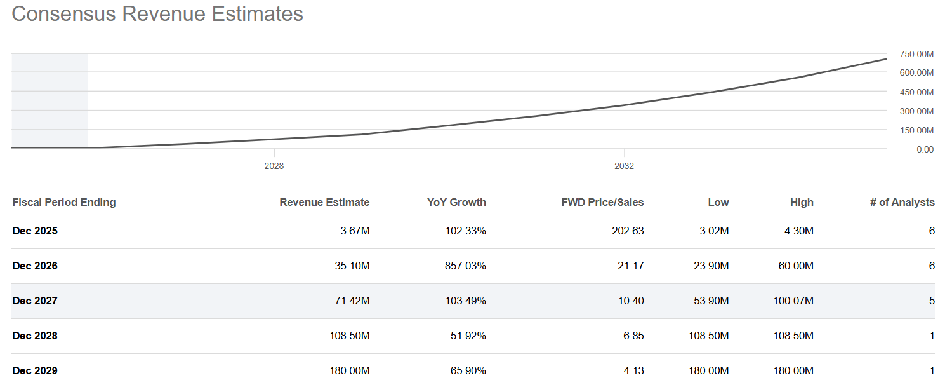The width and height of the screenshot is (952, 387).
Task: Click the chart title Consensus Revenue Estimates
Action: point(157,14)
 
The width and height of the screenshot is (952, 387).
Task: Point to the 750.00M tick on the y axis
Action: point(916,54)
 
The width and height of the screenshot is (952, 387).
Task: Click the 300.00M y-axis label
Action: point(916,111)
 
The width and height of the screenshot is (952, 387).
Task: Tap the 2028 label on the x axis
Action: point(274,166)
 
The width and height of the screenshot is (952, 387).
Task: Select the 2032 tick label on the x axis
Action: point(624,166)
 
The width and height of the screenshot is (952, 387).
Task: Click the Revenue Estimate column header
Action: point(324,202)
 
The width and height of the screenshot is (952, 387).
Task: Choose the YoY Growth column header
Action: point(456,202)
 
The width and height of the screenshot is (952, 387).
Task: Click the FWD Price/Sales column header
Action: point(602,202)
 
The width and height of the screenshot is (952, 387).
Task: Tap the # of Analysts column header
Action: point(902,202)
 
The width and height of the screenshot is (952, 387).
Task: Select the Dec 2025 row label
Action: point(35,231)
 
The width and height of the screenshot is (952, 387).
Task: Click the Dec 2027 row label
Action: point(35,301)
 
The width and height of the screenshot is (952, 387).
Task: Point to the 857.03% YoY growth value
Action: point(465,266)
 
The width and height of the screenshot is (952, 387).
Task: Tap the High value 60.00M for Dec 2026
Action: point(795,266)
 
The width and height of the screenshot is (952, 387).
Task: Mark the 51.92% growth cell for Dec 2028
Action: point(468,336)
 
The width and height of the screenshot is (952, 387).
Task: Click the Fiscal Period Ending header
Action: point(64,202)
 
